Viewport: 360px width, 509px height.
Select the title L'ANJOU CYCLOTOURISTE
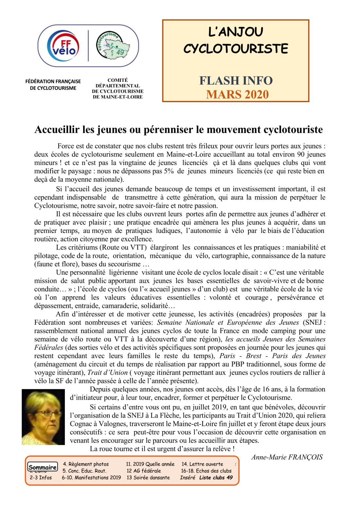(x=236, y=40)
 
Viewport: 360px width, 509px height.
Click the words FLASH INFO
(x=236, y=81)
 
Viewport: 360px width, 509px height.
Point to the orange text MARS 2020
(x=237, y=95)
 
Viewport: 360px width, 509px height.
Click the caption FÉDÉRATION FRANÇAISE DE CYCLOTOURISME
(x=53, y=84)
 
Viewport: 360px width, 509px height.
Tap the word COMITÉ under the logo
(x=117, y=80)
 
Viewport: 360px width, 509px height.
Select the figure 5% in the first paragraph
(x=169, y=171)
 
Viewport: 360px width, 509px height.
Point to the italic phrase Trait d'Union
(x=107, y=373)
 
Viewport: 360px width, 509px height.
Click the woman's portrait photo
(x=43, y=417)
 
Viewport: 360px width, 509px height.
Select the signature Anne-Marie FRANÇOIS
(x=287, y=457)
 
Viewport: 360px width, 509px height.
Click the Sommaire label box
(x=43, y=467)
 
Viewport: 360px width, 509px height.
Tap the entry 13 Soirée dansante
(x=148, y=478)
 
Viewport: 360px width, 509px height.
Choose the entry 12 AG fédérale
(x=144, y=471)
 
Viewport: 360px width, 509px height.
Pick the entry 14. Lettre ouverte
(x=202, y=464)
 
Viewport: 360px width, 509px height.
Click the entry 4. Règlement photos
(x=86, y=464)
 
